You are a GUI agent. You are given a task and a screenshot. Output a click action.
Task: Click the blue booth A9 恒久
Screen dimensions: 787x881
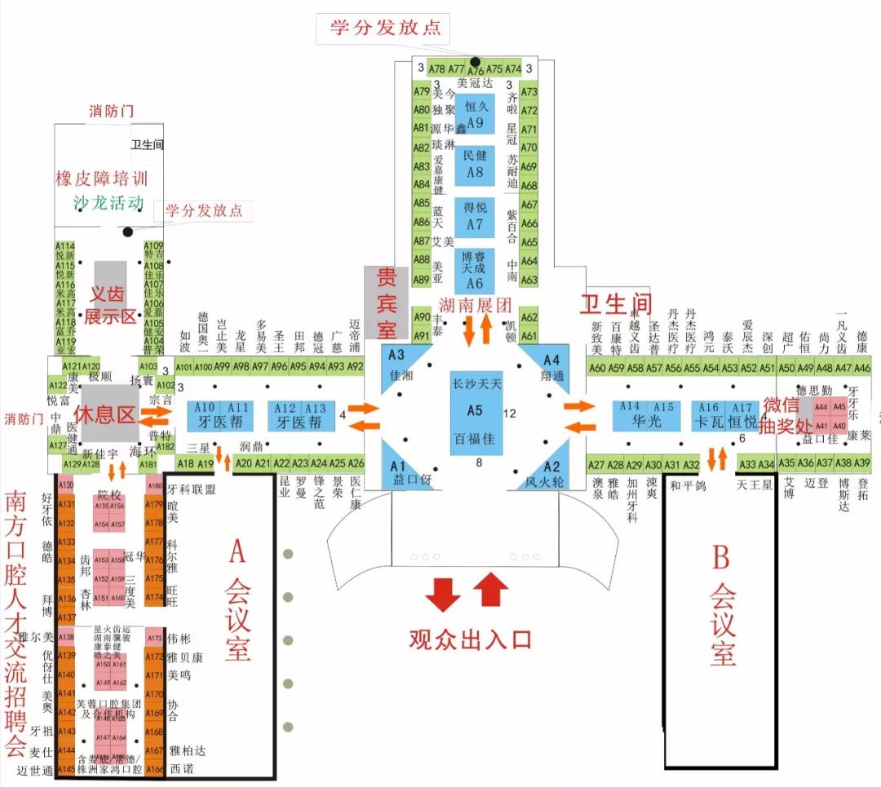pos(475,113)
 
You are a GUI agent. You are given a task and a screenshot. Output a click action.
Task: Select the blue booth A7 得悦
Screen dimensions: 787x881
pos(475,216)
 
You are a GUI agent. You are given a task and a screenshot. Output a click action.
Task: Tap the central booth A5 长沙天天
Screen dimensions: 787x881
pos(476,411)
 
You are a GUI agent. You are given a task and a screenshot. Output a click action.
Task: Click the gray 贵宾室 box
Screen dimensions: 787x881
pos(385,302)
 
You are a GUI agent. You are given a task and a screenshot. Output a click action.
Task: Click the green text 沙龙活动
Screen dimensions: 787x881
pos(100,203)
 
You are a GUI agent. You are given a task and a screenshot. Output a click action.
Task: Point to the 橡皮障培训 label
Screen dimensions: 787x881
pos(102,178)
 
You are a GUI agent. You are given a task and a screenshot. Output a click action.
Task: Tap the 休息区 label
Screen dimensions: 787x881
pos(104,414)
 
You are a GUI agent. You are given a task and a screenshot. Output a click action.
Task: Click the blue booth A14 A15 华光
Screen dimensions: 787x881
pos(647,416)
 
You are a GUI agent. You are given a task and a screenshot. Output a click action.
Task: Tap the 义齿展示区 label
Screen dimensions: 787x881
pos(110,304)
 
